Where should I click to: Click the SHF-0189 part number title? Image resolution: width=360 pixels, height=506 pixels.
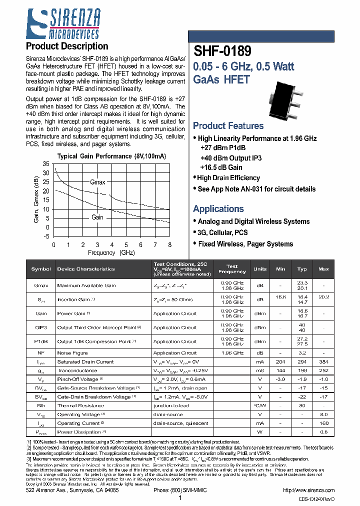222,51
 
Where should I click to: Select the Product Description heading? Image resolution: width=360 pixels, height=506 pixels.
66,46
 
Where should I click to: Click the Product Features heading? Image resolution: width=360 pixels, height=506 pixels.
228,126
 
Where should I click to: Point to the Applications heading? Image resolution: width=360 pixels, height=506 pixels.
218,209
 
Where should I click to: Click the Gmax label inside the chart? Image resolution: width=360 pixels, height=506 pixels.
97,182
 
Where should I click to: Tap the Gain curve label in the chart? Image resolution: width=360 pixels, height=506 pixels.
97,217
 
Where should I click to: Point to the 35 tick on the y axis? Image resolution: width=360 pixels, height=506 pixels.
46,164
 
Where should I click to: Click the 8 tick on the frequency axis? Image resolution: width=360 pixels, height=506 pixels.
170,244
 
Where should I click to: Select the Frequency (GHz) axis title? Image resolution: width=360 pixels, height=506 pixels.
111,253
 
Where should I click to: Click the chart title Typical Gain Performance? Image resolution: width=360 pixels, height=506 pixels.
111,156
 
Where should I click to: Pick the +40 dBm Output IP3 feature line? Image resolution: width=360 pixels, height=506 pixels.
230,158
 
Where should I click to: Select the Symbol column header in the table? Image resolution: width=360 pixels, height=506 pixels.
41,269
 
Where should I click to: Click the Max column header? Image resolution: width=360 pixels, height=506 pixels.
323,269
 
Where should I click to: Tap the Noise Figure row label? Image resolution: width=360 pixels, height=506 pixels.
72,353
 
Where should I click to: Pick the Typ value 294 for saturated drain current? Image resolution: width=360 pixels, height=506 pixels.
302,361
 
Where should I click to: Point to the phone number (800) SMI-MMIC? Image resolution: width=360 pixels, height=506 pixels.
179,491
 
